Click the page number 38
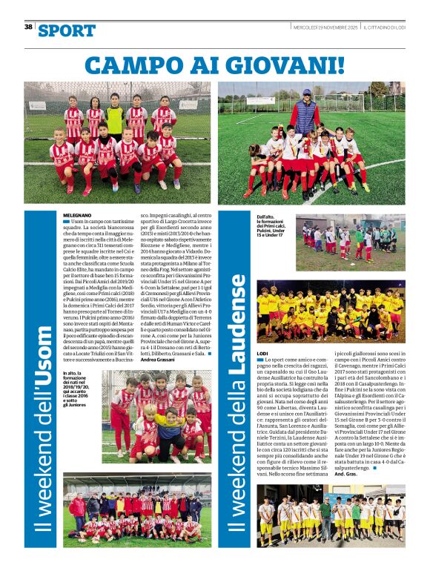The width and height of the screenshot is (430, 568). coord(28,27)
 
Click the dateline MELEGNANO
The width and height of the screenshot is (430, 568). coord(77,214)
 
